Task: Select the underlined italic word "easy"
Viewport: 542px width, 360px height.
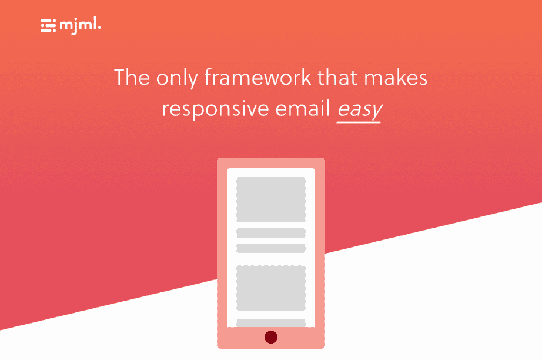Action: [359, 110]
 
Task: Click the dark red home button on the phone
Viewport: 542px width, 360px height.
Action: [271, 337]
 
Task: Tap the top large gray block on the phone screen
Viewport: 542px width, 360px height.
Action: [271, 199]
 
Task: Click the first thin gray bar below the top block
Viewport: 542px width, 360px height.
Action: [271, 233]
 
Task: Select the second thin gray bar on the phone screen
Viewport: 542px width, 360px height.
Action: [271, 248]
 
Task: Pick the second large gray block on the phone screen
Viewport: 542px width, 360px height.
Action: [271, 288]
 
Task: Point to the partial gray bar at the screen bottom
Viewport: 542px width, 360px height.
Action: [271, 323]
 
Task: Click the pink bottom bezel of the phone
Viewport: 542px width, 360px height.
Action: [241, 338]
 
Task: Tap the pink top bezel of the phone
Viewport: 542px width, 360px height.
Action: [271, 162]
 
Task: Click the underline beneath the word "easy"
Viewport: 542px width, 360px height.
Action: [359, 122]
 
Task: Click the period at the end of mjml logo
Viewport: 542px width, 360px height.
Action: [99, 28]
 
